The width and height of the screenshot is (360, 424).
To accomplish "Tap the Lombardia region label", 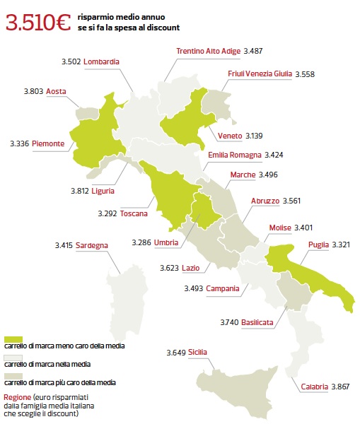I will coord(101,61).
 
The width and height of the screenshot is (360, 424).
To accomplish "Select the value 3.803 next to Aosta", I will coord(33,91).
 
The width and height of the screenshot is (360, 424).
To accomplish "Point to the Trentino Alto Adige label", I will coord(208,51).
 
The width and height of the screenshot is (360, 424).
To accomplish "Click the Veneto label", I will coord(230,135).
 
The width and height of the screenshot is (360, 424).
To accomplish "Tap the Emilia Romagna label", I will coord(235,154).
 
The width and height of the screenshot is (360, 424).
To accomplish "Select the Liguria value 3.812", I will coord(80,190).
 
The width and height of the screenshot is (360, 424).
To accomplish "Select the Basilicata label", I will coord(258,322).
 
